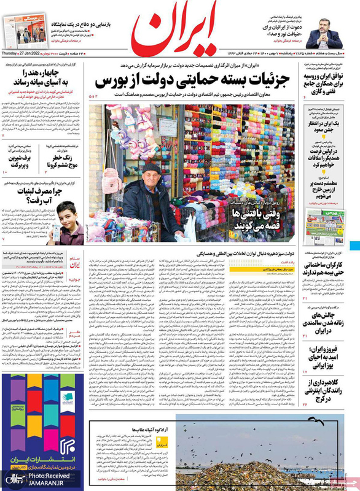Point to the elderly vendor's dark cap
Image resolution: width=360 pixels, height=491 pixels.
[151, 168]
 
